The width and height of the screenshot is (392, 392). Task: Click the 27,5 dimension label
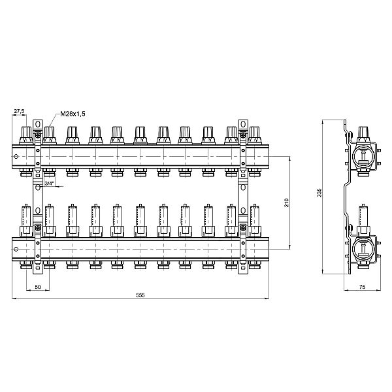click(x=19, y=111)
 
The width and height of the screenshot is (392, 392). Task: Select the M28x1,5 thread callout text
click(x=73, y=114)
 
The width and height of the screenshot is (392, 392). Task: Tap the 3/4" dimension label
click(x=49, y=183)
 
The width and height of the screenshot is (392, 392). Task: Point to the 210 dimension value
click(x=287, y=203)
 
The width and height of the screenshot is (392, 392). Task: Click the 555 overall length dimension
click(x=140, y=295)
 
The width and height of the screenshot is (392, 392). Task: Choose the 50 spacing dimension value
click(x=37, y=287)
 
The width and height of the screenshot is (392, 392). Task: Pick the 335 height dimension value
click(x=319, y=192)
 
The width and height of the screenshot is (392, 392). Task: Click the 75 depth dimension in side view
click(x=362, y=287)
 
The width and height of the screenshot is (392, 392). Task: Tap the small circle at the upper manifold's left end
click(x=16, y=157)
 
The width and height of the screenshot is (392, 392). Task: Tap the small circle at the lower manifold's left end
click(x=16, y=250)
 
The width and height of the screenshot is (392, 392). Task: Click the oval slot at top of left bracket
click(x=37, y=124)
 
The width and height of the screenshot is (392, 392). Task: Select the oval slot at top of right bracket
click(x=243, y=124)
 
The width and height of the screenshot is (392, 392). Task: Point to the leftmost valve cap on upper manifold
click(x=26, y=135)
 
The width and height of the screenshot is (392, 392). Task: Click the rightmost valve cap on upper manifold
click(x=254, y=135)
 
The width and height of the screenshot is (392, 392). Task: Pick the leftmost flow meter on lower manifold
click(x=26, y=221)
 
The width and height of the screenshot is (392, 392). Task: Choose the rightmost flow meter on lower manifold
click(x=254, y=221)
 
